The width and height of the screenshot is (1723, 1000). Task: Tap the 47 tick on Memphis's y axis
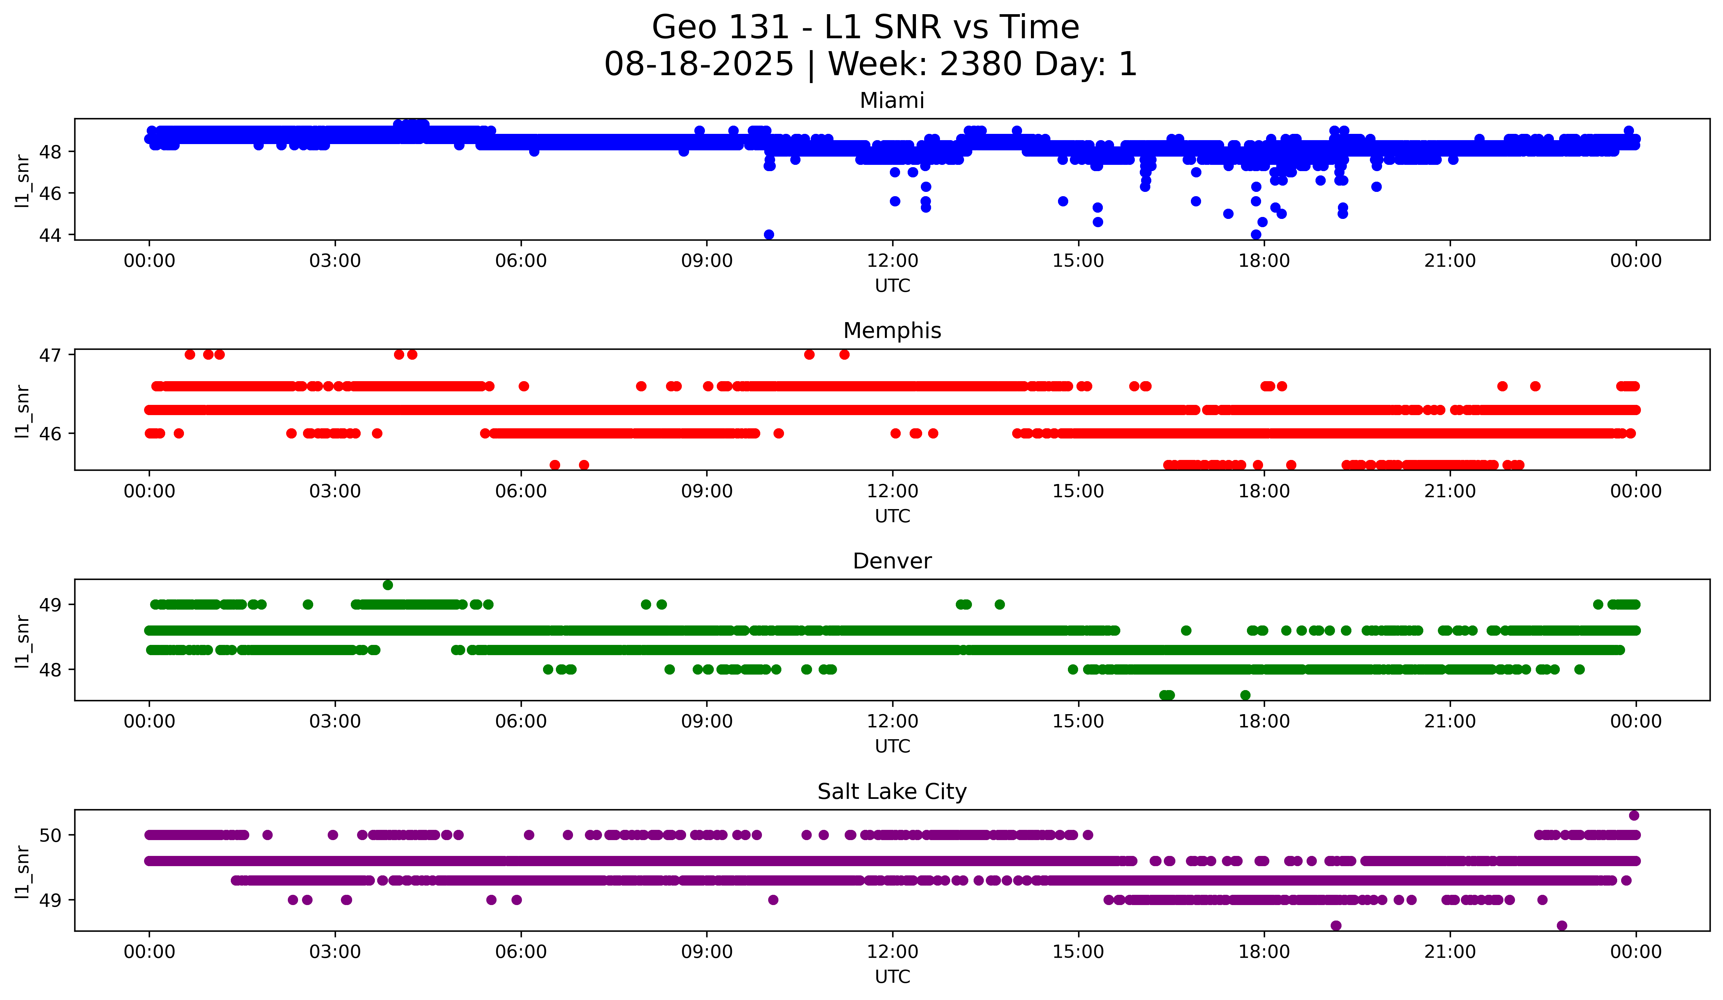click(x=50, y=355)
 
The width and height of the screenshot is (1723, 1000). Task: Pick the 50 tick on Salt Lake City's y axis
click(x=50, y=835)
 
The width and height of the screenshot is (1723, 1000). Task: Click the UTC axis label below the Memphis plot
click(x=892, y=516)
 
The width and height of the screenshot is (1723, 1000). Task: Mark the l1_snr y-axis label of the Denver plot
click(x=22, y=641)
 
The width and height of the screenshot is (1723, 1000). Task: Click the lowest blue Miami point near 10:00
click(x=769, y=234)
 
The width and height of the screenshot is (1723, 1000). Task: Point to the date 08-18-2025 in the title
click(x=699, y=64)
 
